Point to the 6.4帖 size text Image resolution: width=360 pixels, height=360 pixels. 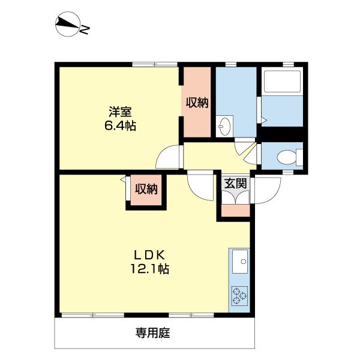120,126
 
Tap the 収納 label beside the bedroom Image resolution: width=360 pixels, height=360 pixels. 196,103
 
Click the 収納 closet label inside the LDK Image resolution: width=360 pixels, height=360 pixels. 145,190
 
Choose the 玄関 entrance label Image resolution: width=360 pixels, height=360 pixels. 235,184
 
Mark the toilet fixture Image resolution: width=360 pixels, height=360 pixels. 287,157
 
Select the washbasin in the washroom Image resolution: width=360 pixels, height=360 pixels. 225,125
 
